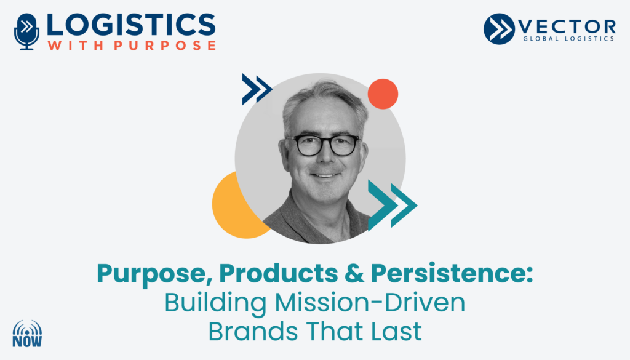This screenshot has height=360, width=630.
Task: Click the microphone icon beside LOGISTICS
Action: pyautogui.click(x=26, y=32)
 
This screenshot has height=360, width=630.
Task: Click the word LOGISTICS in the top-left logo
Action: pyautogui.click(x=131, y=25)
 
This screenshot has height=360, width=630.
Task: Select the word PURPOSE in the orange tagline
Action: pyautogui.click(x=165, y=45)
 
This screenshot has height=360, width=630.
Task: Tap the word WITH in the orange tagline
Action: pyautogui.click(x=76, y=45)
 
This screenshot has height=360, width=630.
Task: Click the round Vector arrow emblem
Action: pyautogui.click(x=499, y=29)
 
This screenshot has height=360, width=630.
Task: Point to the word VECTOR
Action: pyautogui.click(x=567, y=26)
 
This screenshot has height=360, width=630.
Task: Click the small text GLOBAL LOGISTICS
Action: pyautogui.click(x=568, y=39)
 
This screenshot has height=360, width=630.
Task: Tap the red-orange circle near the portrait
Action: pyautogui.click(x=383, y=94)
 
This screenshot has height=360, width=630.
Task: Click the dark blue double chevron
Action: pyautogui.click(x=257, y=89)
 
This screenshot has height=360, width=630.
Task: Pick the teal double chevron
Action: pyautogui.click(x=393, y=206)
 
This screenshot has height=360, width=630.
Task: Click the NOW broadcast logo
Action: pyautogui.click(x=27, y=334)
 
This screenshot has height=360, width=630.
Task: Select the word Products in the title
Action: pyautogui.click(x=279, y=273)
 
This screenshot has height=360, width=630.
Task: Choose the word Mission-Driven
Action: pyautogui.click(x=370, y=303)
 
